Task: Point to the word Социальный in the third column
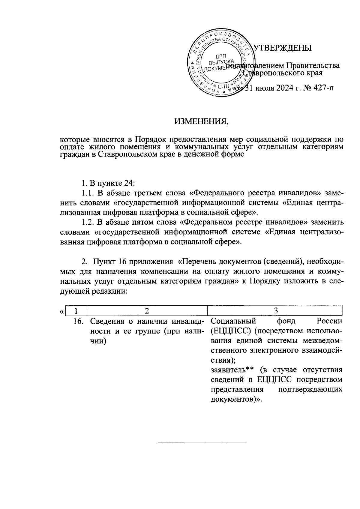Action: click(x=233, y=321)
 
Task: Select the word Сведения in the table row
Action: click(x=107, y=322)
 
